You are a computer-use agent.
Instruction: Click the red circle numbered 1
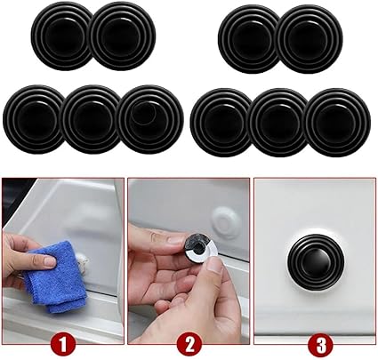(x=63, y=345)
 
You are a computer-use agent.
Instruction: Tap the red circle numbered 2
(x=190, y=345)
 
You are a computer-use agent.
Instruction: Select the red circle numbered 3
(x=320, y=345)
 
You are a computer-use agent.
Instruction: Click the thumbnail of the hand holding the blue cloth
(x=48, y=261)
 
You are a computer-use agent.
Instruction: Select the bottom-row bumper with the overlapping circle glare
(x=152, y=119)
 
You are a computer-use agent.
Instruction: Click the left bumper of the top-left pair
(x=61, y=37)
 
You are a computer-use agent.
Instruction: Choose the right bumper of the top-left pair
(x=123, y=37)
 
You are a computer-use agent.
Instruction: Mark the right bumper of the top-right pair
(x=310, y=39)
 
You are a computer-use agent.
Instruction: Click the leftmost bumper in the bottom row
(x=33, y=119)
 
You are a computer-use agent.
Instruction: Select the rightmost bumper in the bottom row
(x=338, y=122)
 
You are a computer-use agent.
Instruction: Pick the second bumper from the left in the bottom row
(x=92, y=119)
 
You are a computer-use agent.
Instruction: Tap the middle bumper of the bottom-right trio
(x=278, y=122)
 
